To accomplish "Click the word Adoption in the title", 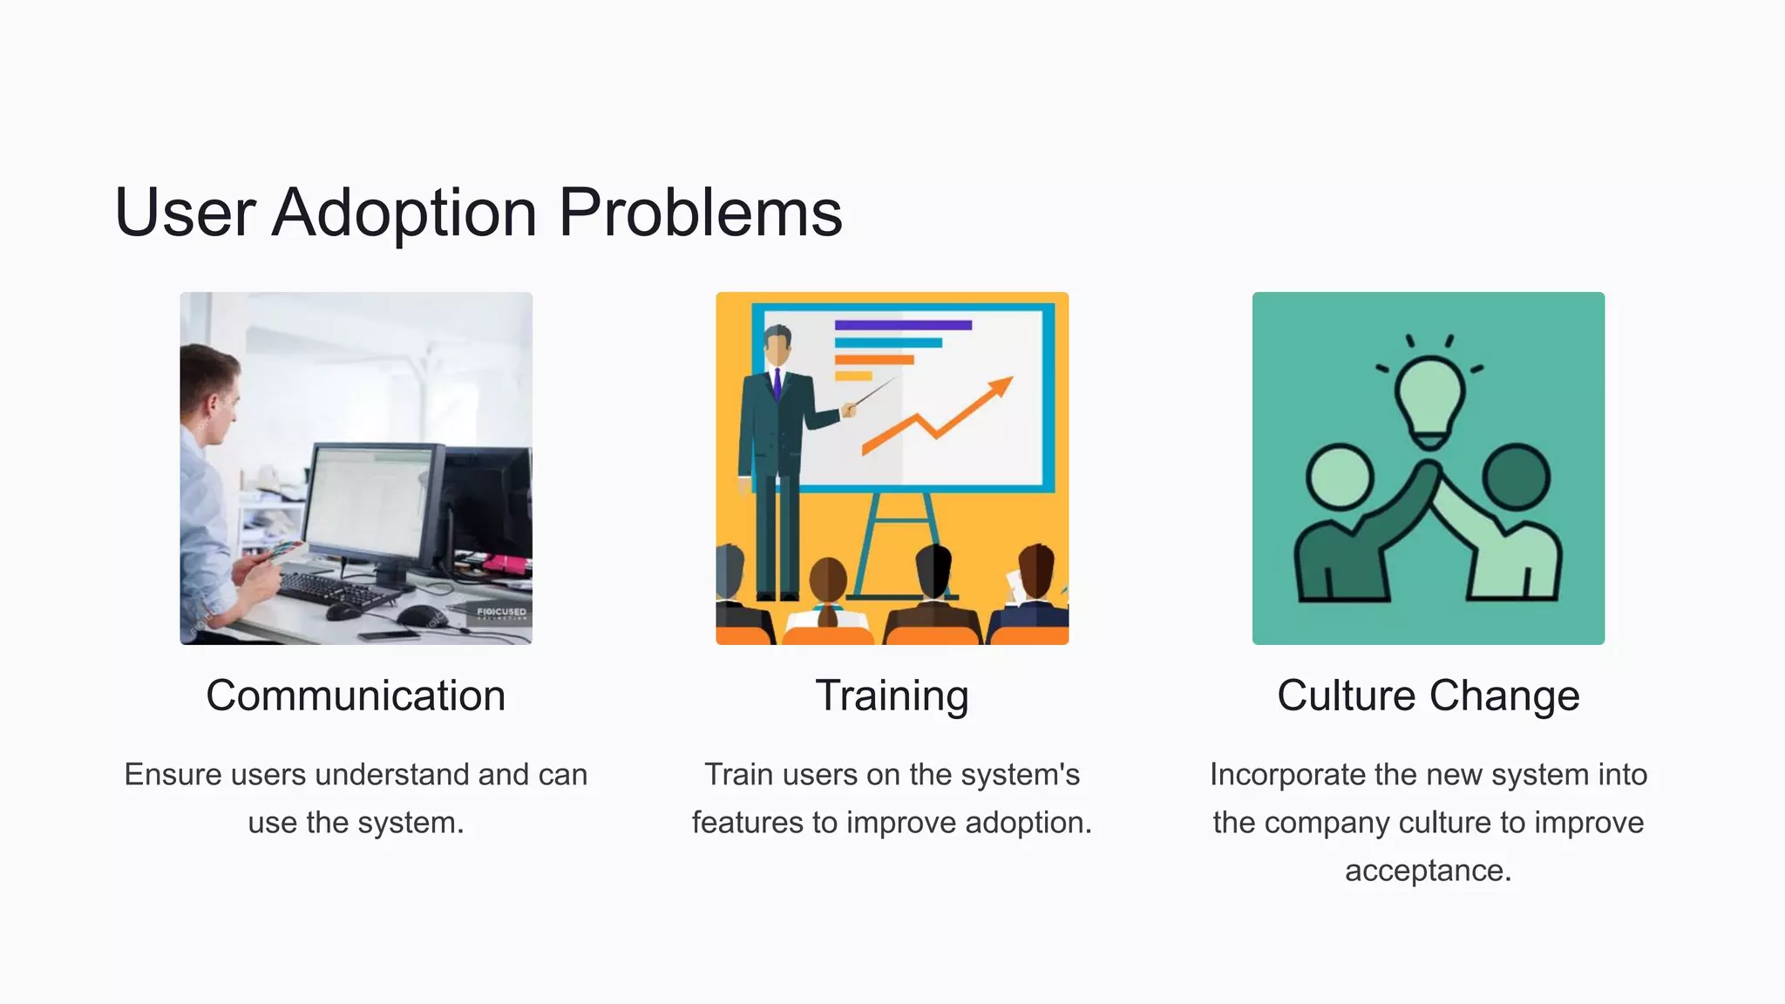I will point(404,213).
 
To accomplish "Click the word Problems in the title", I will point(700,213).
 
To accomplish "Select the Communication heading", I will point(356,695).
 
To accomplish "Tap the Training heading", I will point(892,695).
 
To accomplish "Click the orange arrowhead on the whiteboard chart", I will point(1001,387).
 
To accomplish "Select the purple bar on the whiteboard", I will point(902,325).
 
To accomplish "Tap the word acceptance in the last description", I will point(1427,871).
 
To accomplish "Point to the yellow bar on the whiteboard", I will point(853,376).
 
